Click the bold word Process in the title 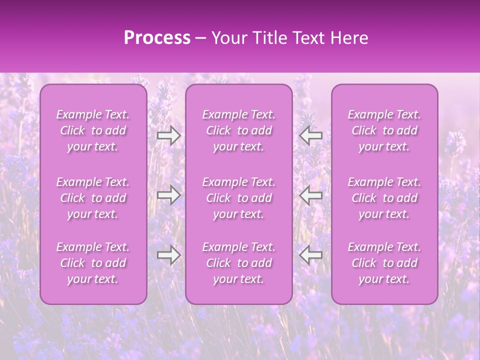[x=157, y=38]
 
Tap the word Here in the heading [x=349, y=38]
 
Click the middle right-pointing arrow [x=169, y=195]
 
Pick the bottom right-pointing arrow [x=169, y=255]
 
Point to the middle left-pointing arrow [x=310, y=195]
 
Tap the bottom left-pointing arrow [x=310, y=255]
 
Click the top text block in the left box [x=93, y=130]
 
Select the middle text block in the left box [x=93, y=198]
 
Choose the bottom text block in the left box [x=93, y=263]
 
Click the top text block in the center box [x=238, y=130]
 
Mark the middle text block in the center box [x=238, y=198]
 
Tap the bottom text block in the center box [x=238, y=263]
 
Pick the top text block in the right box [x=384, y=130]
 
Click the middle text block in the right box [x=384, y=198]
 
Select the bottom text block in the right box [x=384, y=263]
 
